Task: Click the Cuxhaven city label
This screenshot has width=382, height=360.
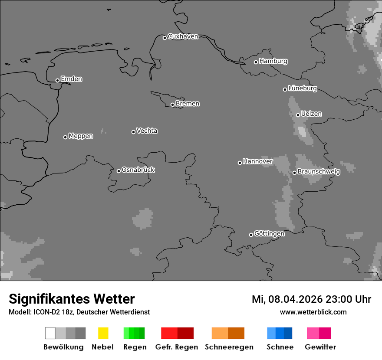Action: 183,37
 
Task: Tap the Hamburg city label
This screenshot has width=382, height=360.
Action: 273,61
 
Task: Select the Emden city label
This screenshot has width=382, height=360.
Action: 71,79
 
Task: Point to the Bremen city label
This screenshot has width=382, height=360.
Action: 188,104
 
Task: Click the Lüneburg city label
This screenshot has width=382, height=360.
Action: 302,88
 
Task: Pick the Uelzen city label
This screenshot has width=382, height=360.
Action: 311,114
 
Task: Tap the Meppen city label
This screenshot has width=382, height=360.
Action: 81,136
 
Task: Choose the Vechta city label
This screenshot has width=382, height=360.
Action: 147,131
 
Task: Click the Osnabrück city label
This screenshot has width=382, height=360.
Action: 138,170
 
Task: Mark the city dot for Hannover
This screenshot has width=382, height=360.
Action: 240,163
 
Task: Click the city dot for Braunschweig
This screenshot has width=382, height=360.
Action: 294,173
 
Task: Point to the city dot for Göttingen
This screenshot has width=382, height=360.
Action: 251,235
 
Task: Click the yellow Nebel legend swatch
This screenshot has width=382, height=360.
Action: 103,333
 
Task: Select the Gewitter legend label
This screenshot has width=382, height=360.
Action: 320,347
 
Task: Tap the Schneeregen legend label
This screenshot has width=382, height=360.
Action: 229,347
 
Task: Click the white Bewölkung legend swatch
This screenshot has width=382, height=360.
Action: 50,333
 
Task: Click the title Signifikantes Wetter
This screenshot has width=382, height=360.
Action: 72,299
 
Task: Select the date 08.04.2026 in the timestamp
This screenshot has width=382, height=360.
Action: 293,299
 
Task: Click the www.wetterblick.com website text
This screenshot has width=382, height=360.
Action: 313,312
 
